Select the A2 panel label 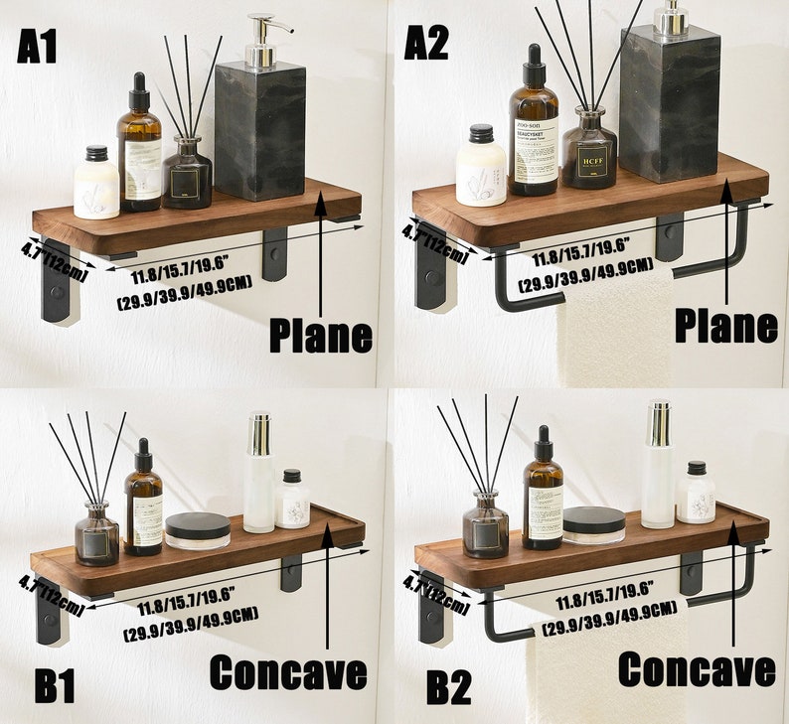[x=426, y=43]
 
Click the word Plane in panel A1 [x=321, y=335]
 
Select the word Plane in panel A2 [x=725, y=325]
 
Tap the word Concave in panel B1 [x=287, y=672]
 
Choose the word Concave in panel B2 [x=696, y=669]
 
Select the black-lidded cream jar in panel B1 [x=197, y=530]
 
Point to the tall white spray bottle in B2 [x=657, y=467]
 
